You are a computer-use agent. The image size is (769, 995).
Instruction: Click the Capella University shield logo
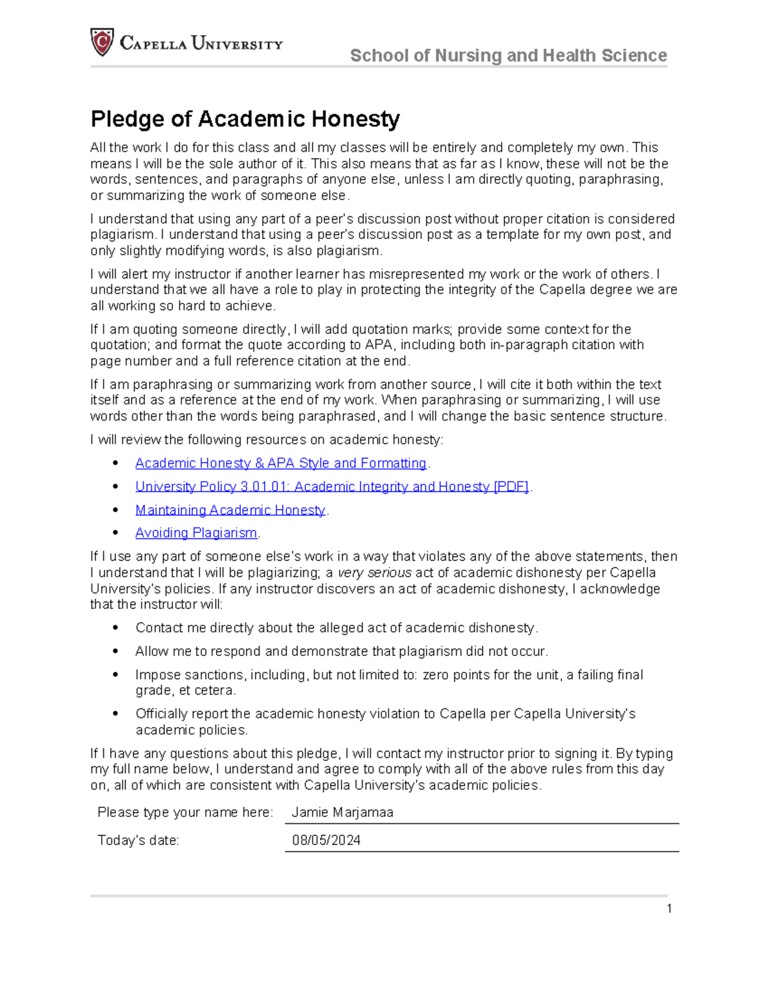[102, 42]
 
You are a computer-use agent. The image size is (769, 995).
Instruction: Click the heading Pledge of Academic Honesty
[245, 119]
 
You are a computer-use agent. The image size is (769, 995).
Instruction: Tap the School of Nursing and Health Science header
[508, 56]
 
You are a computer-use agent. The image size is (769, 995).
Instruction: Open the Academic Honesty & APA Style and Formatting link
[281, 463]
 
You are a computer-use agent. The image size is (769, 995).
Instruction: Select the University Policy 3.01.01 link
[331, 487]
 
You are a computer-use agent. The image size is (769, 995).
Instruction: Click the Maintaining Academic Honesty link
[230, 510]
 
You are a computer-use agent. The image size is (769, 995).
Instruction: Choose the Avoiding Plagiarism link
[196, 533]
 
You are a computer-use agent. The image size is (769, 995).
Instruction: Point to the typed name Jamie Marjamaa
[342, 812]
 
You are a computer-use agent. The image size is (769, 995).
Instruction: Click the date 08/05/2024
[326, 841]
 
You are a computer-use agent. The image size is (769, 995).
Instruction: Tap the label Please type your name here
[185, 812]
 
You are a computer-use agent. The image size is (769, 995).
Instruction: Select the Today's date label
[138, 841]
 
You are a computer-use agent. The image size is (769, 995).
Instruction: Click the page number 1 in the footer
[669, 909]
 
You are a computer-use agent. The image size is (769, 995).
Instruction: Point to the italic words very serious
[374, 573]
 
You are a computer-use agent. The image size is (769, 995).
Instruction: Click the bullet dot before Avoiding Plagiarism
[115, 533]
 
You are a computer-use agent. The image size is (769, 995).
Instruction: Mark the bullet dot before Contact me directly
[115, 628]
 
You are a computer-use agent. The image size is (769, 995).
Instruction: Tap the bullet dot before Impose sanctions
[115, 675]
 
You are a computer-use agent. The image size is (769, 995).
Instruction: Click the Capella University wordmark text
[201, 44]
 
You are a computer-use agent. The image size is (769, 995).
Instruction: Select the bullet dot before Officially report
[115, 714]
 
